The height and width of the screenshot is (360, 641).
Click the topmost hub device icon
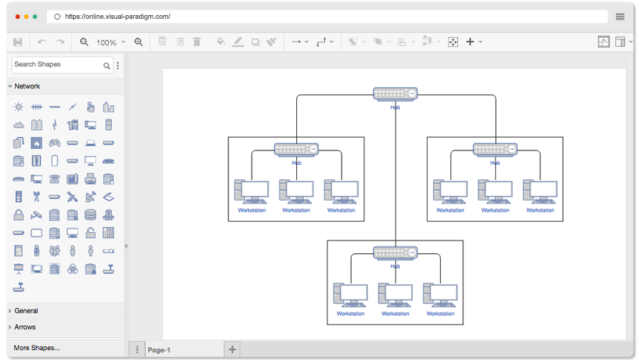(x=395, y=94)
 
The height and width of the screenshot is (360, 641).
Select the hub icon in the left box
(x=296, y=149)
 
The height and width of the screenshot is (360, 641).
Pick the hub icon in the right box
(x=495, y=149)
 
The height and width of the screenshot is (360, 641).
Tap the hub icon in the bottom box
(x=395, y=253)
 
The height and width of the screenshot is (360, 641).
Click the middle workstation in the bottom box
(x=395, y=295)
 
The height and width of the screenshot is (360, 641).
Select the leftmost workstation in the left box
(x=252, y=191)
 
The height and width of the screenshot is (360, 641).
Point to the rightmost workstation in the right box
(x=540, y=191)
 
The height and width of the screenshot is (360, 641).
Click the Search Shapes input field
(x=57, y=64)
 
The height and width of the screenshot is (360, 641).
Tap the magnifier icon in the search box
(x=107, y=66)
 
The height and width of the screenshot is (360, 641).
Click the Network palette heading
(x=27, y=86)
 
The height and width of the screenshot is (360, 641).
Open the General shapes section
(x=26, y=311)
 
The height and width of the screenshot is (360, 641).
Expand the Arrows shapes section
(x=25, y=327)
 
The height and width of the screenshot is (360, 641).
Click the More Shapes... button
(x=37, y=348)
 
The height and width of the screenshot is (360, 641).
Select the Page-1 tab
(x=159, y=349)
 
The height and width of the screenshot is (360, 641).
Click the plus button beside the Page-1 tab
(x=232, y=349)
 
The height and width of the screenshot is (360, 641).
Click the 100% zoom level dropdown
(x=110, y=42)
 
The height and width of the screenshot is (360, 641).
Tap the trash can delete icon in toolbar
(x=197, y=42)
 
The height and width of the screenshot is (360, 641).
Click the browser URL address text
(x=118, y=17)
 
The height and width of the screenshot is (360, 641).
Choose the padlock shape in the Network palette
(x=18, y=215)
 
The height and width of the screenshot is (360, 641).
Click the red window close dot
(x=17, y=17)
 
